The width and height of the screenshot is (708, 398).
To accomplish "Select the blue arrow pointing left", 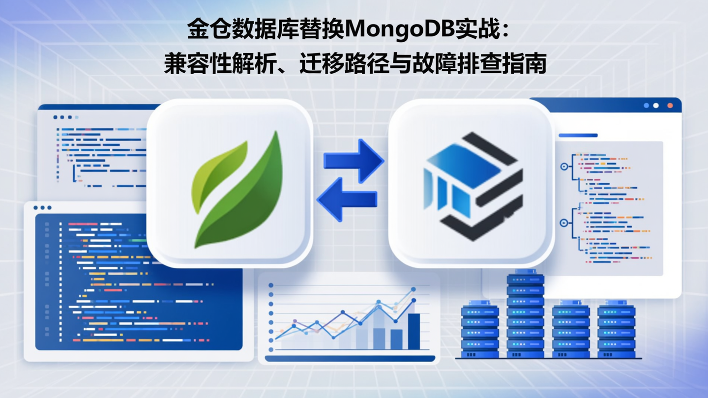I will click(x=347, y=199).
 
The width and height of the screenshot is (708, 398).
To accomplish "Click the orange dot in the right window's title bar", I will click(x=670, y=106).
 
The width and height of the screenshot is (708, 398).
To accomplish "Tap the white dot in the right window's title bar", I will click(x=656, y=106).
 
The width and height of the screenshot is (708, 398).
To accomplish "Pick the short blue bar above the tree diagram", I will click(x=578, y=135).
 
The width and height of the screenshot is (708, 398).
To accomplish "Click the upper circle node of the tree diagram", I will click(x=564, y=167).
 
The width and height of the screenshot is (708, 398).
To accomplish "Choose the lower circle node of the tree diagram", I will click(x=564, y=223).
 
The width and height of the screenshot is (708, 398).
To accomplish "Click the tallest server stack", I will click(x=526, y=314).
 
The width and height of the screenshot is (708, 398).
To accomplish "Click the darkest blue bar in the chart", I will click(x=414, y=331).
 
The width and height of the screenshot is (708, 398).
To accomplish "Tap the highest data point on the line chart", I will click(x=413, y=290).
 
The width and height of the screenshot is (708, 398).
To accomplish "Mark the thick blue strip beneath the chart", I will click(x=350, y=359).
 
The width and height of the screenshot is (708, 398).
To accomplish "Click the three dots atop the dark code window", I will click(x=42, y=208).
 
